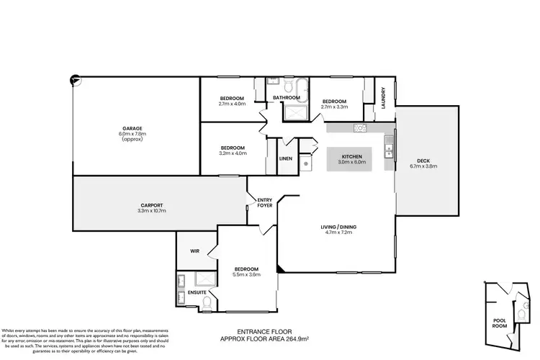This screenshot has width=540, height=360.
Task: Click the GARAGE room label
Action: click(x=132, y=127)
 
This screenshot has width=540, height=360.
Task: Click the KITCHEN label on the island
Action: click(x=354, y=156)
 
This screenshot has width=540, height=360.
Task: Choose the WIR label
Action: click(x=194, y=251)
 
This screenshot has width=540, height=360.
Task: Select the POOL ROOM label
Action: click(x=500, y=322)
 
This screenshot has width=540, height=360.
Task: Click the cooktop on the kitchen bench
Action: click(x=360, y=128)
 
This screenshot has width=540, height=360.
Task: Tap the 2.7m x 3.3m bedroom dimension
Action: click(x=335, y=106)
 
